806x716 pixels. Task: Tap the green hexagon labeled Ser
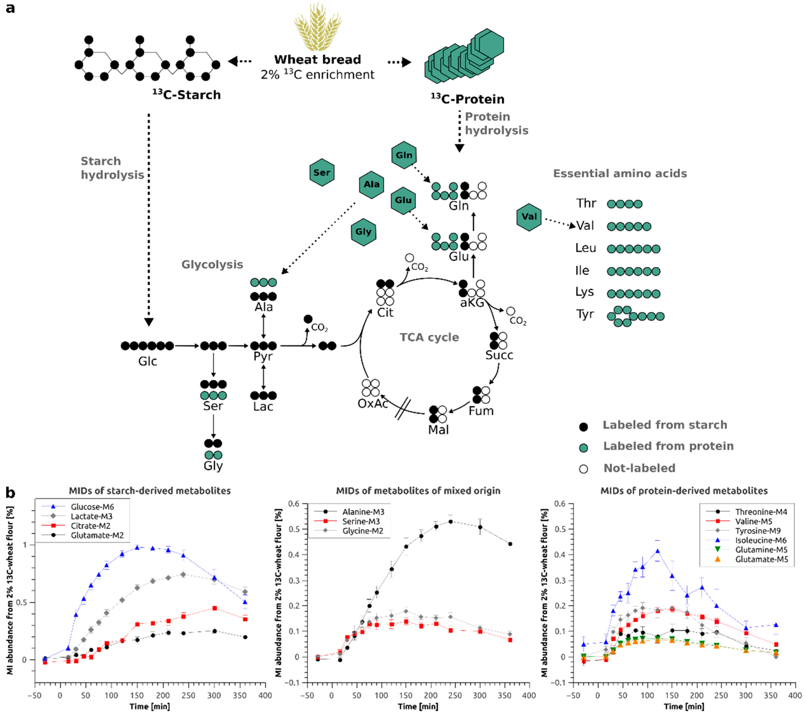pyautogui.click(x=322, y=173)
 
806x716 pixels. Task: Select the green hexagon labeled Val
pyautogui.click(x=529, y=217)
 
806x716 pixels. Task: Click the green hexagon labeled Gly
pyautogui.click(x=363, y=232)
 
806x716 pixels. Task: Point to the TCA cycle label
pyautogui.click(x=429, y=337)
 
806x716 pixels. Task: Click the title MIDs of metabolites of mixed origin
pyautogui.click(x=418, y=491)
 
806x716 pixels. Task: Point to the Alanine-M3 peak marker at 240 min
pyautogui.click(x=450, y=522)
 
